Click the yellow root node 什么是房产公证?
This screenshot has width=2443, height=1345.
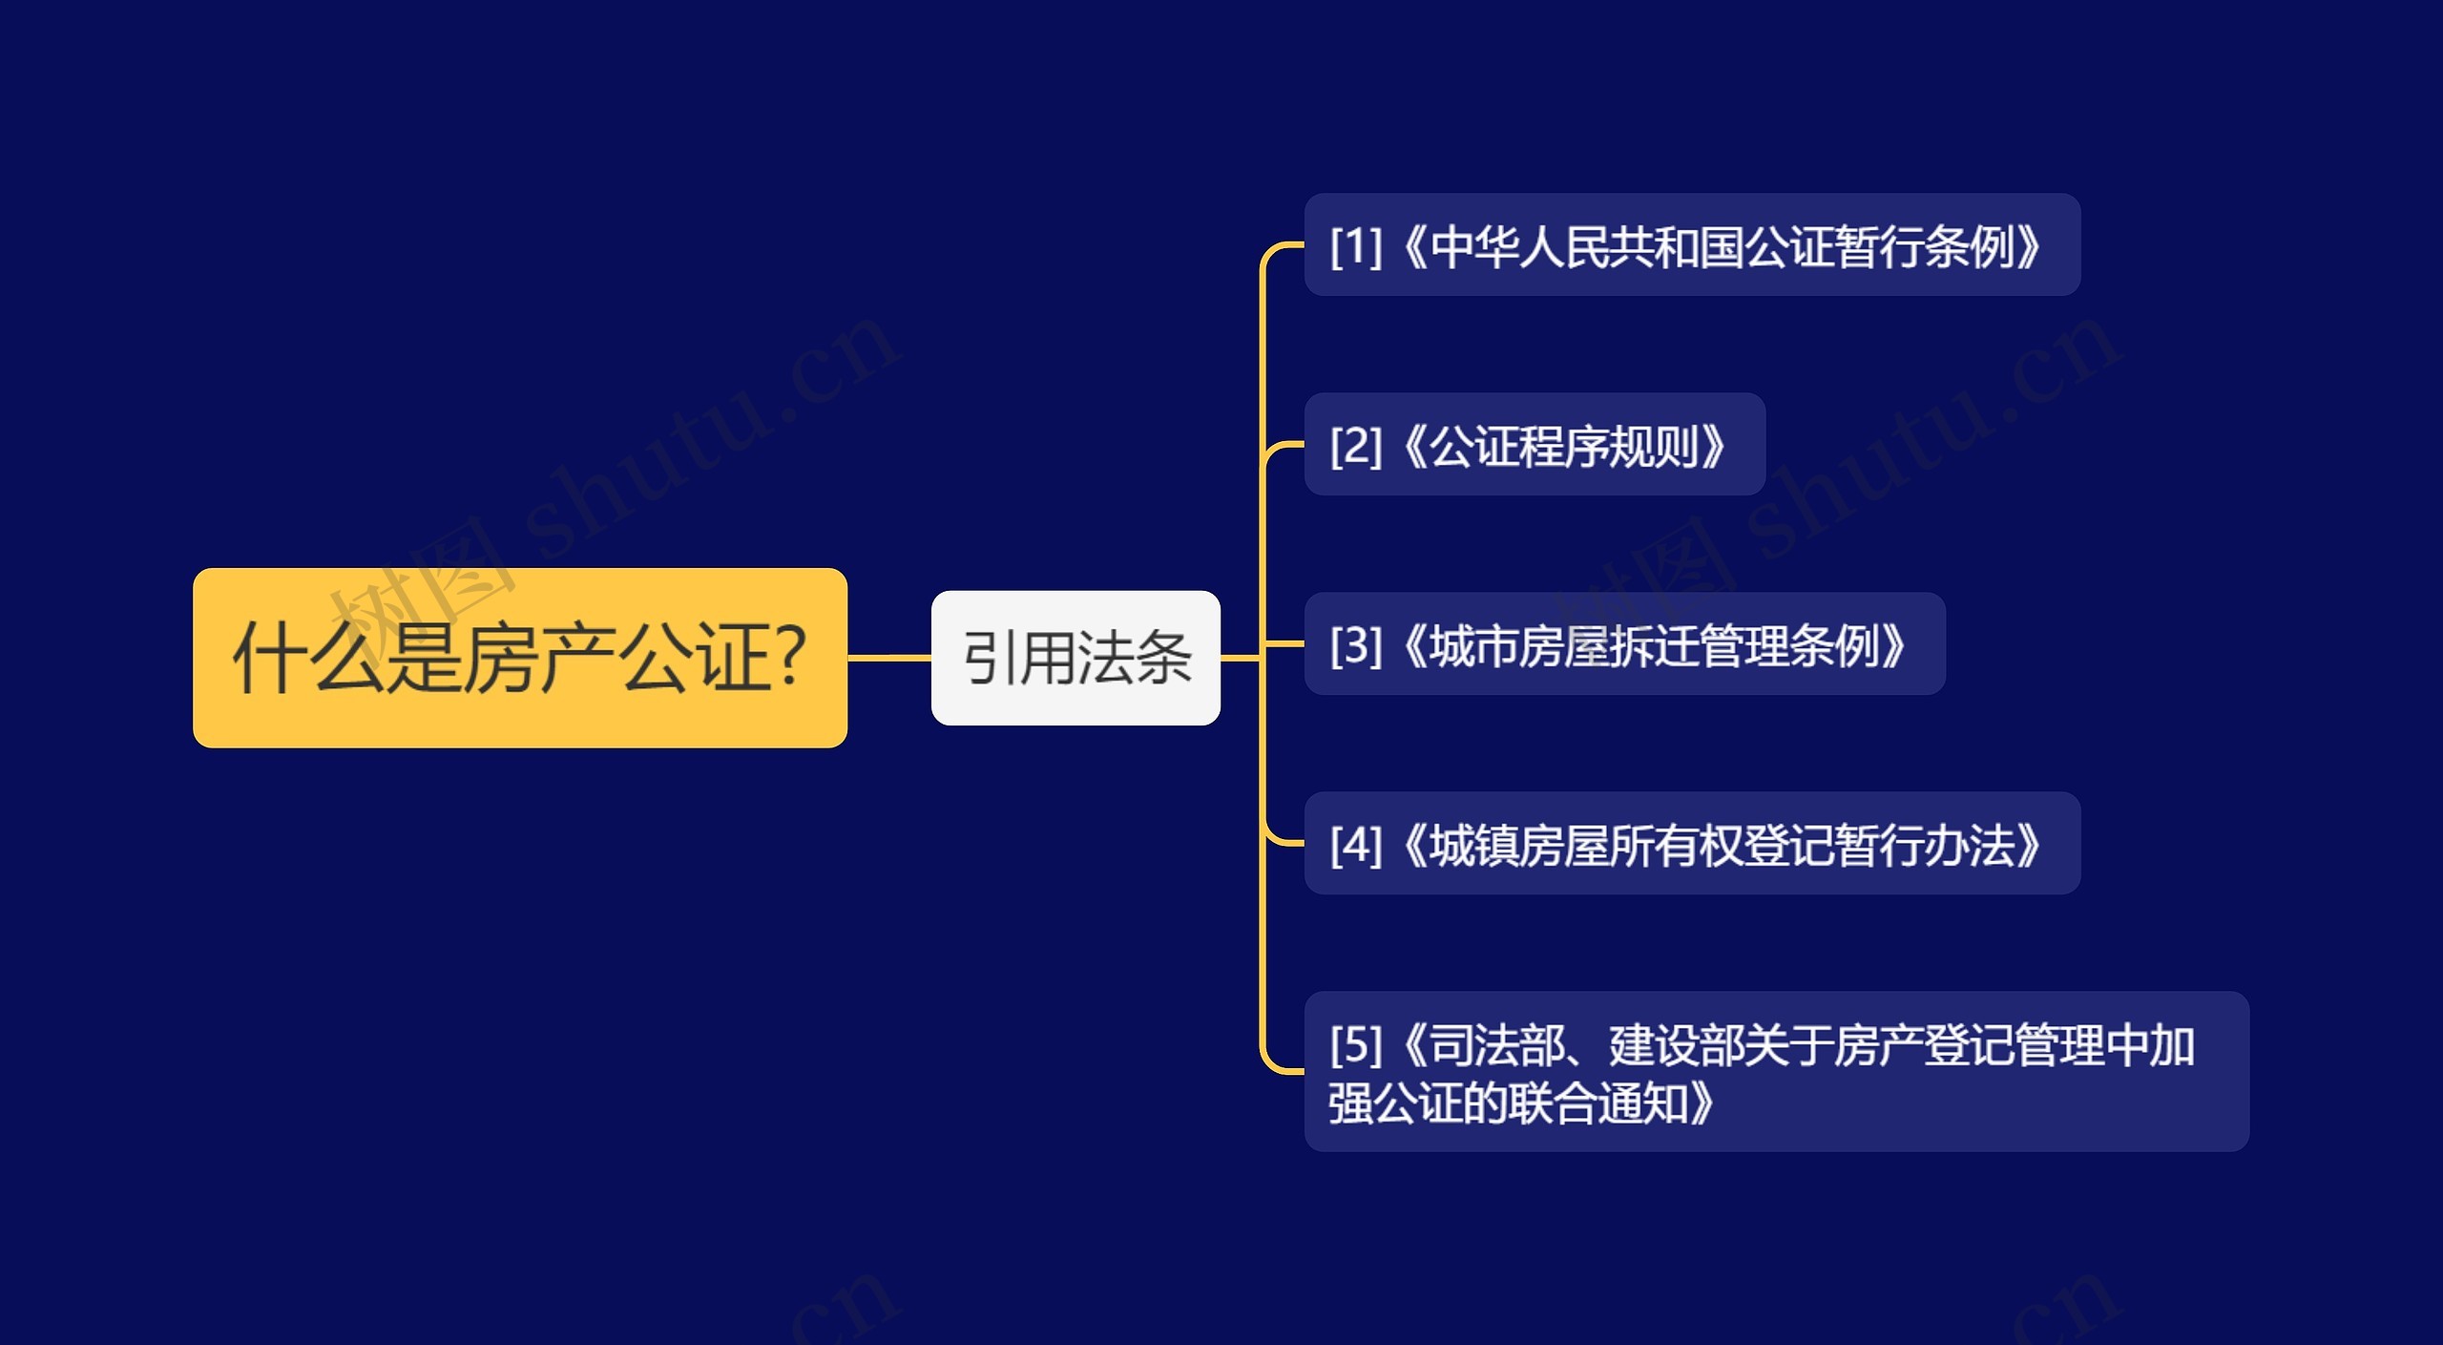point(519,658)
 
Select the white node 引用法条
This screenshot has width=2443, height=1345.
point(1075,658)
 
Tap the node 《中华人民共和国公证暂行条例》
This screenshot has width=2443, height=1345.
point(1691,245)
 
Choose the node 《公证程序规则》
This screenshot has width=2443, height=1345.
point(1534,445)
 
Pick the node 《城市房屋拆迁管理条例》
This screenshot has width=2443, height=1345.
point(1624,644)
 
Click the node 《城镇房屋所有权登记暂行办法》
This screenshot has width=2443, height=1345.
point(1691,844)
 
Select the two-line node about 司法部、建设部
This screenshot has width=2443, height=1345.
point(1775,1072)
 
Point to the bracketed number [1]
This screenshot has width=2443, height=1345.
point(1356,246)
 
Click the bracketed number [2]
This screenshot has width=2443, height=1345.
point(1356,446)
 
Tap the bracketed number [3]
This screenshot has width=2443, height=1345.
point(1356,645)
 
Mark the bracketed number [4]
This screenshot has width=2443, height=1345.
point(1356,845)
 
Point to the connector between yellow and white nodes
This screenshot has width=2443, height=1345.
point(888,658)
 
